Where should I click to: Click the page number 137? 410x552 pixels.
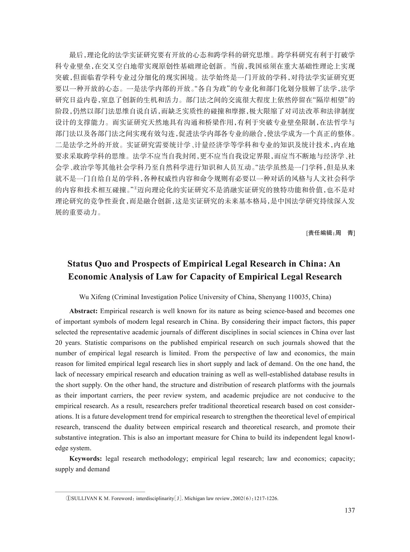tap(350, 510)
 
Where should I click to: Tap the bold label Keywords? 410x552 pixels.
tap(86, 459)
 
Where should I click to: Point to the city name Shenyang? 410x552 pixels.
tap(267, 297)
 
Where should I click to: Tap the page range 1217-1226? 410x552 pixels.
tap(266, 498)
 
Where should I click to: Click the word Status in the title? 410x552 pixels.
tap(81, 264)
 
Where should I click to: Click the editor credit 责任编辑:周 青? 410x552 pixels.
tap(330, 233)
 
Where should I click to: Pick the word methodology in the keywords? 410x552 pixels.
tap(166, 459)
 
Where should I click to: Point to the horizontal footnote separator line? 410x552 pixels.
tap(100, 491)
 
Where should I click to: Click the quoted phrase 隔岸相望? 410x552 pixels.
tap(335, 100)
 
